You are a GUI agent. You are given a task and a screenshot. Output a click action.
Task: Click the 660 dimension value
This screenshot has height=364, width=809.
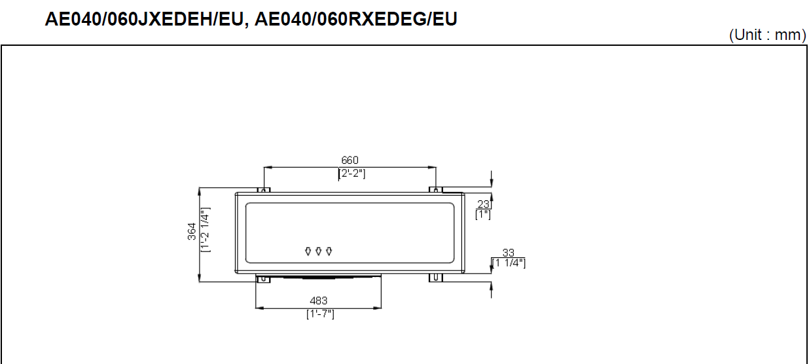(x=350, y=160)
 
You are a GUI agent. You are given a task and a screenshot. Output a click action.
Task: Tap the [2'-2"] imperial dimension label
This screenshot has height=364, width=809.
(x=351, y=173)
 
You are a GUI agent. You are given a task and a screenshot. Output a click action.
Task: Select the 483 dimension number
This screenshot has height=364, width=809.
(x=319, y=300)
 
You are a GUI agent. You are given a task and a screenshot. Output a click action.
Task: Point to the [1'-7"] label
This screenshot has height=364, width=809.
(x=320, y=314)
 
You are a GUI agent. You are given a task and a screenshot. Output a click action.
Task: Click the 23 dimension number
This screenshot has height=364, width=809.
(x=484, y=204)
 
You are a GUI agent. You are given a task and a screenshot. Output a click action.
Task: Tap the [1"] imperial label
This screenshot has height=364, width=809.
(x=483, y=214)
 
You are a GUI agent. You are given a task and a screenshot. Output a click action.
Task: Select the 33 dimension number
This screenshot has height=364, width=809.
(x=508, y=253)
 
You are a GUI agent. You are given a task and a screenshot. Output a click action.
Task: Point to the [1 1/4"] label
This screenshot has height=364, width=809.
(x=509, y=263)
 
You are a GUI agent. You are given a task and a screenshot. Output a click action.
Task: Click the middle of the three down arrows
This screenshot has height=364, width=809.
(x=318, y=251)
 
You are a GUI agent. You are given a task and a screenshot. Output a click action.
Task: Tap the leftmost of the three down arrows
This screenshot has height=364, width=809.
(x=308, y=251)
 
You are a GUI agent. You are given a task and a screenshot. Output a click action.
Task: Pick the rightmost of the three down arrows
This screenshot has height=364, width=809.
(x=329, y=251)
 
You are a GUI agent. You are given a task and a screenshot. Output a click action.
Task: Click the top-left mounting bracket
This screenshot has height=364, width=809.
(x=263, y=190)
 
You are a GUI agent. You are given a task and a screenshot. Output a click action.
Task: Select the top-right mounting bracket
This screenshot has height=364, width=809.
(x=436, y=190)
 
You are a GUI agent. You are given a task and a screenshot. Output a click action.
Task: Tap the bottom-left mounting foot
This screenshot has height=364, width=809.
(x=262, y=278)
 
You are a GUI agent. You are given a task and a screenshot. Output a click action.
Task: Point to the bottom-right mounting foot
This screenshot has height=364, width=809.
(x=436, y=278)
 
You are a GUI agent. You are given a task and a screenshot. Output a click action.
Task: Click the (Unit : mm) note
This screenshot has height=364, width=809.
(x=768, y=35)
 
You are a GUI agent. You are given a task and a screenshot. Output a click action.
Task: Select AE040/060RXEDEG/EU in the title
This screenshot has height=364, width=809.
(x=355, y=20)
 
